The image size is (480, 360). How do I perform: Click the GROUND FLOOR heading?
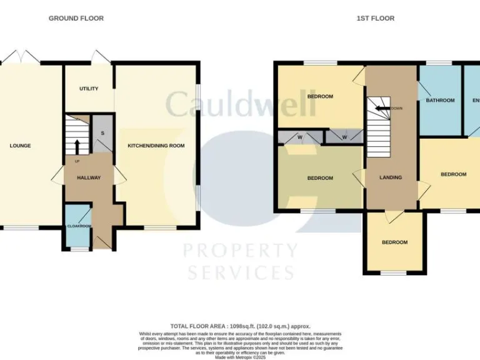click(76, 19)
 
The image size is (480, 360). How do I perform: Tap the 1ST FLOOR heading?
click(376, 19)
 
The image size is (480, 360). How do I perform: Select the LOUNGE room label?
click(21, 146)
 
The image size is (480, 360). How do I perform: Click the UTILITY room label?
click(89, 89)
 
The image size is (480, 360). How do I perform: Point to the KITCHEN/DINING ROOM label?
click(156, 146)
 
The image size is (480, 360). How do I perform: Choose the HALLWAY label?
click(89, 178)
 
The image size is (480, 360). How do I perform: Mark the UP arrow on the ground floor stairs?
click(77, 147)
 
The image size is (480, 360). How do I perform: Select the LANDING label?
click(391, 177)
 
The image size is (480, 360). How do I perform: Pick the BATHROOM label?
click(440, 100)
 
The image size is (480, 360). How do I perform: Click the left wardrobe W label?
click(301, 136)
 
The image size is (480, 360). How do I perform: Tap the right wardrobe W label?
click(344, 136)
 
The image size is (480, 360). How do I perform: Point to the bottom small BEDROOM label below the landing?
click(395, 242)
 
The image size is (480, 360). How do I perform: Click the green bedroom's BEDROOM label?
click(320, 178)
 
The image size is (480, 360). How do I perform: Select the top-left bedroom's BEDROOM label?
click(320, 97)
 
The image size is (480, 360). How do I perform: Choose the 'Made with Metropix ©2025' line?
click(239, 357)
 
